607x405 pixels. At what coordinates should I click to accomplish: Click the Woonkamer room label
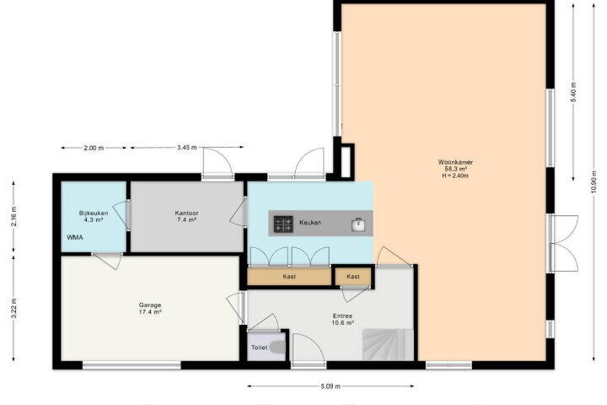point(455,162)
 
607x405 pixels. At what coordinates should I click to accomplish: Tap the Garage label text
point(150,305)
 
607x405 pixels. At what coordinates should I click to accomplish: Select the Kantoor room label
point(186,213)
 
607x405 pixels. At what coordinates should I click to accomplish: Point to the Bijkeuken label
point(94,213)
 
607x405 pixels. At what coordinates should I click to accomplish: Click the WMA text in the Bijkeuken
point(75,237)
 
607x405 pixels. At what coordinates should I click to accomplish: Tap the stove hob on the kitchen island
point(283,224)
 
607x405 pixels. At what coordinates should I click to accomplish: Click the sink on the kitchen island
point(358,224)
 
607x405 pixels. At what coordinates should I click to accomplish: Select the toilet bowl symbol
point(277,347)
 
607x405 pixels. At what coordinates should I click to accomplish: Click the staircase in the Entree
point(388,344)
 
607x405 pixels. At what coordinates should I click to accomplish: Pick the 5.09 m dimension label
point(330,386)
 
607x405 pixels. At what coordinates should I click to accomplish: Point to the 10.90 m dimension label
point(594,184)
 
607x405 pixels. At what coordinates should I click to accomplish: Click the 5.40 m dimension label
point(574,92)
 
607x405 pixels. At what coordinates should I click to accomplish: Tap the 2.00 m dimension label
point(94,148)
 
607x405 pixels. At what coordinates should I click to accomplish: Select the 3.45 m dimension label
point(187,148)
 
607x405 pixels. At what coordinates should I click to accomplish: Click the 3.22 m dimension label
point(14,308)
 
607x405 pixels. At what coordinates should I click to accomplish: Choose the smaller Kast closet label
point(353,277)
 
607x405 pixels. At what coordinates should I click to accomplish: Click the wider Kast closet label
point(289,277)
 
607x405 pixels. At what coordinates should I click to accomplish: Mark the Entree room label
point(342,316)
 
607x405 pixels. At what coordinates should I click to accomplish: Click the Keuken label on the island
point(310,223)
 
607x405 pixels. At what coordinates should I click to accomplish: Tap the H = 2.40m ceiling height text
point(455,175)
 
